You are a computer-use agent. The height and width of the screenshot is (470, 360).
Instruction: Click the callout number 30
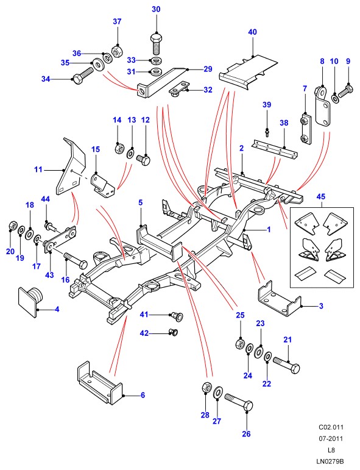click(156, 9)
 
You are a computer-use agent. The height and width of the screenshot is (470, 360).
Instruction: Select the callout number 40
click(252, 32)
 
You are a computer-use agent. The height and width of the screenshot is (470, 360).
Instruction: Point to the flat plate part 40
click(248, 72)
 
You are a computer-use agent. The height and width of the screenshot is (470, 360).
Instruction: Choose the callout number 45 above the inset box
click(321, 197)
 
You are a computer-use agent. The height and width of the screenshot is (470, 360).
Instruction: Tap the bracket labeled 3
click(280, 299)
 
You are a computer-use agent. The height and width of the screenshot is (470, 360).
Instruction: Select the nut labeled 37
click(117, 51)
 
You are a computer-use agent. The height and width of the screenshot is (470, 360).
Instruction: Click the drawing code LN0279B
click(330, 461)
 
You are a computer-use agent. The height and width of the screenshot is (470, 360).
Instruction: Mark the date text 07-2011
click(331, 438)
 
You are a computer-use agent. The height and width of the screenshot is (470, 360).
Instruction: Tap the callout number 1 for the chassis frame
click(269, 230)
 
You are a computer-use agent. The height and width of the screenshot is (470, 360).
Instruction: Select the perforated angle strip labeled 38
click(276, 149)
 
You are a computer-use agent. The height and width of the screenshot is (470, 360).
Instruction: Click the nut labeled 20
click(12, 226)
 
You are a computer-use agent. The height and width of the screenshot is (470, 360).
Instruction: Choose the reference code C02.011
click(331, 427)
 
